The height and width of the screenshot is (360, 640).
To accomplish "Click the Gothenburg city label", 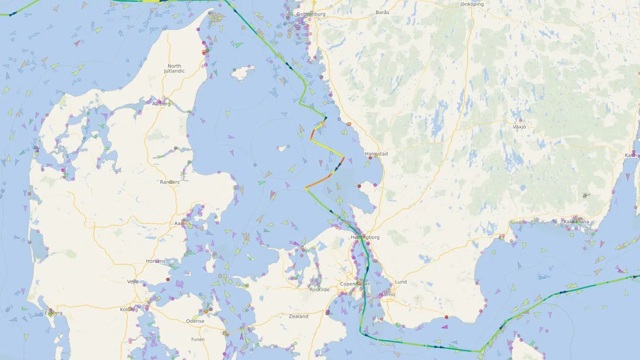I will click(311, 14).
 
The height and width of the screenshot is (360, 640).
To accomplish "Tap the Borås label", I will click(382, 12).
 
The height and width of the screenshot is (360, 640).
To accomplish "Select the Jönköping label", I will click(472, 4).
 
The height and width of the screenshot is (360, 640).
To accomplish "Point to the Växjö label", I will click(519, 127).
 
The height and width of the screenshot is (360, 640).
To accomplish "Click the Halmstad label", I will click(376, 154).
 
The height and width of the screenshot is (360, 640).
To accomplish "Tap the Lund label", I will click(400, 282).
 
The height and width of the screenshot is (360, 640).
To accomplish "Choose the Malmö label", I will click(387, 294).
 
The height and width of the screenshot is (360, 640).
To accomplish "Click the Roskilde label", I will click(320, 289).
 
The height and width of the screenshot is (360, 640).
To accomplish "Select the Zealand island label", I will click(298, 316).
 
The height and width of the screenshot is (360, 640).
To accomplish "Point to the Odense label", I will click(195, 321).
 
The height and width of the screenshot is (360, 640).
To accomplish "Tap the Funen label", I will click(198, 340).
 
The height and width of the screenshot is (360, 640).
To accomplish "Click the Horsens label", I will click(156, 261).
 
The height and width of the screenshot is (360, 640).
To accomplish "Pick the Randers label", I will click(170, 182).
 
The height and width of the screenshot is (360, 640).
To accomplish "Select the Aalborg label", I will click(161, 104).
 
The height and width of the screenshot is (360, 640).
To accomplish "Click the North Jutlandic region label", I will click(174, 68).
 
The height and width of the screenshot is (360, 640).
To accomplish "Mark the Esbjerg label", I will click(54, 313).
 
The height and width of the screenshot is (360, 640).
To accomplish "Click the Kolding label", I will click(129, 309).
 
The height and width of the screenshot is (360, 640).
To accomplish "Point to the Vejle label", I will click(132, 282).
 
